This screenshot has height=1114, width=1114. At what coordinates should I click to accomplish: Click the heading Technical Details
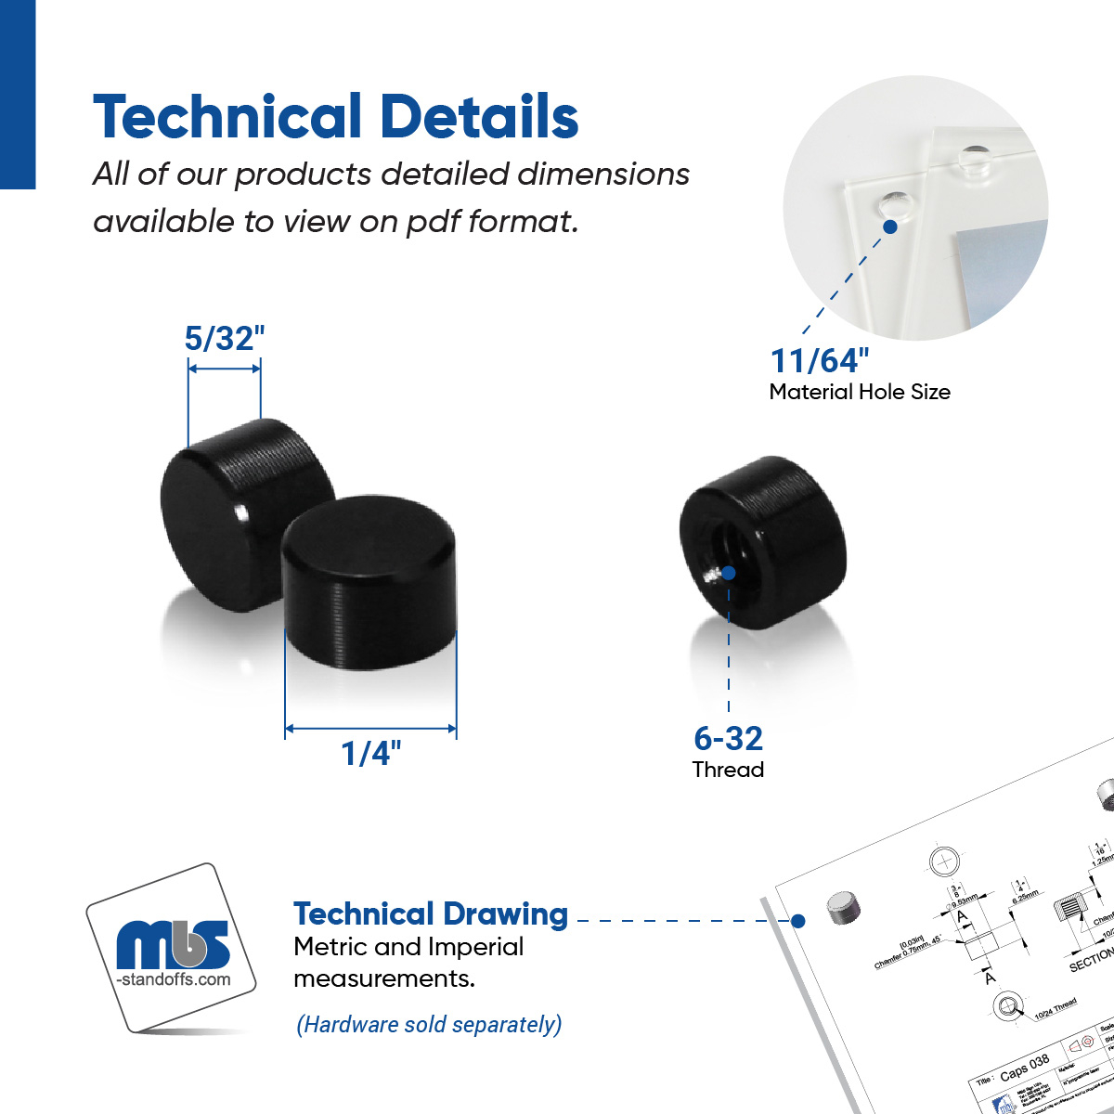pyautogui.click(x=336, y=117)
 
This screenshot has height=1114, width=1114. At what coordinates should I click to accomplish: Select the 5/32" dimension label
pyautogui.click(x=225, y=339)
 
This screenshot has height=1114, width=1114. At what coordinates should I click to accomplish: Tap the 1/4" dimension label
pyautogui.click(x=371, y=753)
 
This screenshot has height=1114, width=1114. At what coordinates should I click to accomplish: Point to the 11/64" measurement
pyautogui.click(x=820, y=360)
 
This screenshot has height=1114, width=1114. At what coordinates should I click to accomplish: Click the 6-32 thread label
pyautogui.click(x=729, y=738)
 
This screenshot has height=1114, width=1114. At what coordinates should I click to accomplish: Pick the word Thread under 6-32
pyautogui.click(x=729, y=770)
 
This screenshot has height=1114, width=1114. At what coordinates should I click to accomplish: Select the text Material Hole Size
pyautogui.click(x=860, y=392)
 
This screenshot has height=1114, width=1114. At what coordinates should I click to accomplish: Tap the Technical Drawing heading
pyautogui.click(x=431, y=913)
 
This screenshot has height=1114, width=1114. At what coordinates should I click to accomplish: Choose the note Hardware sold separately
pyautogui.click(x=429, y=1025)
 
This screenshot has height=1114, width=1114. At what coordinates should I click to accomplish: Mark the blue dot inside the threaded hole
pyautogui.click(x=729, y=573)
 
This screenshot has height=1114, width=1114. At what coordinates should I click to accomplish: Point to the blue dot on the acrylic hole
pyautogui.click(x=889, y=227)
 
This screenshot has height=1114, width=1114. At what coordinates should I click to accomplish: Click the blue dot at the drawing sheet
pyautogui.click(x=797, y=921)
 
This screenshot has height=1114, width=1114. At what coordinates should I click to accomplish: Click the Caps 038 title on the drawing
pyautogui.click(x=1025, y=1067)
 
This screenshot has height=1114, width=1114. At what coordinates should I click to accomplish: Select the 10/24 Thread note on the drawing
pyautogui.click(x=1056, y=1008)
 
